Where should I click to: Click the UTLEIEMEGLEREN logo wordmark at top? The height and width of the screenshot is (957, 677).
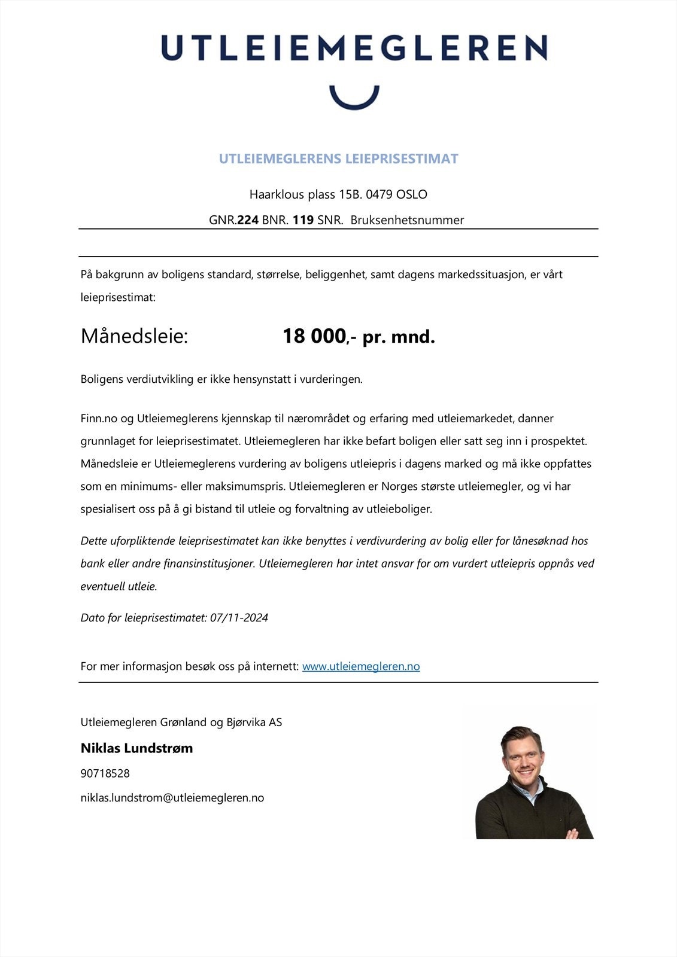tap(354, 48)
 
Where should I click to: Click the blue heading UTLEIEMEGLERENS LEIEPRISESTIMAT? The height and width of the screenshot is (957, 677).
tap(338, 159)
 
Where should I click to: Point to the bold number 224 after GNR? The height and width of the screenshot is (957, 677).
tap(248, 220)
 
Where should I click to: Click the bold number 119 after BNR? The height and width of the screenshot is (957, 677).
tap(303, 220)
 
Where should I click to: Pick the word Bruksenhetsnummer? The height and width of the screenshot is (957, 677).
tap(407, 220)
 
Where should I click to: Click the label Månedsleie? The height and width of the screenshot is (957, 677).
tap(134, 336)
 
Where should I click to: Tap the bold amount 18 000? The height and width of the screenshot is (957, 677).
tap(314, 336)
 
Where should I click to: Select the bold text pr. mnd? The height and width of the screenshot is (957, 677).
tap(399, 337)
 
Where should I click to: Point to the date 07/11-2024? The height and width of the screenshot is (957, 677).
tap(239, 618)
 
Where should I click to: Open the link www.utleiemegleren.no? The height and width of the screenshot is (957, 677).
tap(361, 666)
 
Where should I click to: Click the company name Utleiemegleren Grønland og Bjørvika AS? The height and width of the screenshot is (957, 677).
tap(181, 723)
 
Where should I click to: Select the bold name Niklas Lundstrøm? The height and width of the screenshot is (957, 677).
tap(136, 748)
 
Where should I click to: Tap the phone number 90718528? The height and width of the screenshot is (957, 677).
tap(105, 773)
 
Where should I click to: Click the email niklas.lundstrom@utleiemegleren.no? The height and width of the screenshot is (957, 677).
tap(172, 798)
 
